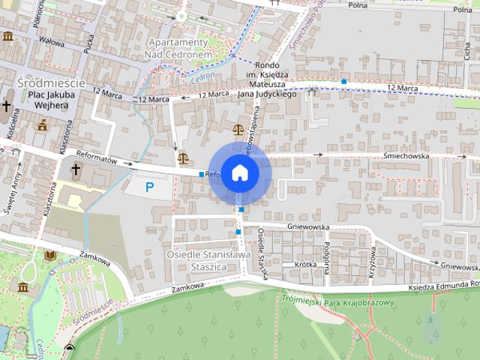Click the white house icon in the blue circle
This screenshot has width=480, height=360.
click(239, 172)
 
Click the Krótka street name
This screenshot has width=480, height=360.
click(304, 265)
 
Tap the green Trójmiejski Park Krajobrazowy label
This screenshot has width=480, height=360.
click(339, 300)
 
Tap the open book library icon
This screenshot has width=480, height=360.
click(49, 256)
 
